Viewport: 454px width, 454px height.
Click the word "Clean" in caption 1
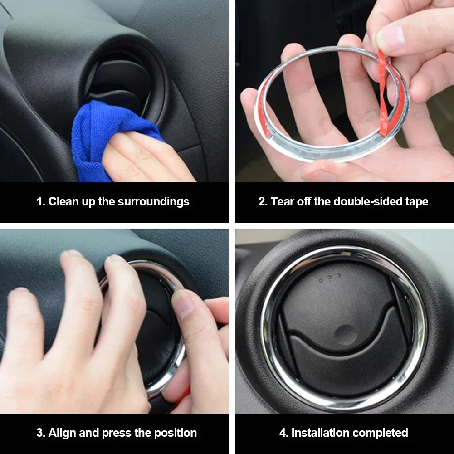point(63,201)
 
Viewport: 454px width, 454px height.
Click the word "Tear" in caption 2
point(282,201)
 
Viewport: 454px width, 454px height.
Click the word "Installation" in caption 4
point(320,433)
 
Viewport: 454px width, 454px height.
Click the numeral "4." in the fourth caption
point(284,433)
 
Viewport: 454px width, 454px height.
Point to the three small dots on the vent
point(329,278)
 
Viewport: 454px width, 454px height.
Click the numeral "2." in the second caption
point(263,201)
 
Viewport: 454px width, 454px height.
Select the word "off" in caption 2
point(304,201)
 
